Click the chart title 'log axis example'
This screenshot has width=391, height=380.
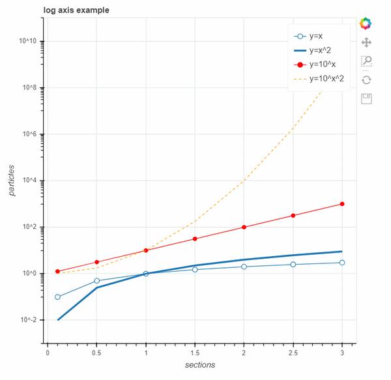coord(76,10)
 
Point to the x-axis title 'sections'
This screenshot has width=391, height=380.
coord(199,365)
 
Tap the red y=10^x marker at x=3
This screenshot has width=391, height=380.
coord(341,204)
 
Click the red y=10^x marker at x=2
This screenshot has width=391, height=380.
coord(244,227)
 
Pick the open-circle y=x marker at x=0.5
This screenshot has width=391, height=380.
coord(97,281)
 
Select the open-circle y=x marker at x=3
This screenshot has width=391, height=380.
coord(341,263)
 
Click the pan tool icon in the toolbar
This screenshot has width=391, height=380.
coord(366,42)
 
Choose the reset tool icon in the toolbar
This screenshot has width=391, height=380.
coord(366,80)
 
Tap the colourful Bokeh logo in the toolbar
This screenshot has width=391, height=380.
coord(366,23)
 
